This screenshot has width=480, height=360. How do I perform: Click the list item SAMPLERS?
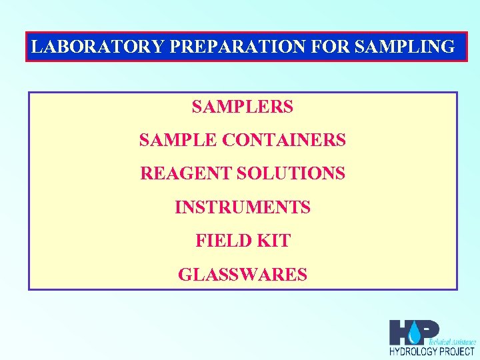click(x=243, y=107)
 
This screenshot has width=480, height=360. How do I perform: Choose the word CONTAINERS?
click(x=284, y=140)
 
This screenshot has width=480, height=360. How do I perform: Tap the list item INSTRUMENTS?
click(x=243, y=208)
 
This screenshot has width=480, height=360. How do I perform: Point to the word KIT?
click(x=275, y=241)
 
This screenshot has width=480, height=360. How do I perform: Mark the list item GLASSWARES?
click(x=243, y=275)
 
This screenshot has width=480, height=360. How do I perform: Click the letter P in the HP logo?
click(x=430, y=331)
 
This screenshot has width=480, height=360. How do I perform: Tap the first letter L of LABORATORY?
click(x=37, y=47)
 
